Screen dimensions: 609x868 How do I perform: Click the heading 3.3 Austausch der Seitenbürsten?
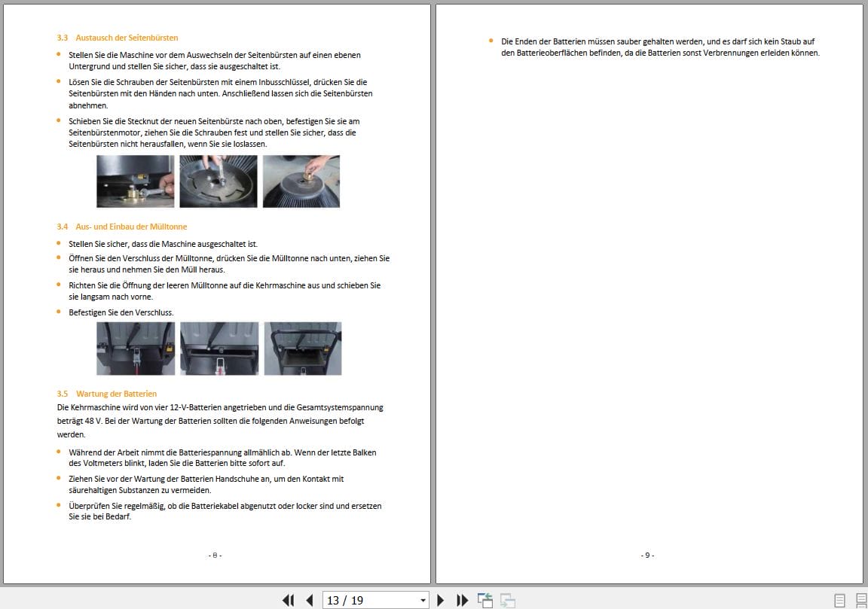point(117,38)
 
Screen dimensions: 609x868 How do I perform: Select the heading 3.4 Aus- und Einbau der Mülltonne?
point(121,227)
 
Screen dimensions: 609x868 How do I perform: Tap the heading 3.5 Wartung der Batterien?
point(106,394)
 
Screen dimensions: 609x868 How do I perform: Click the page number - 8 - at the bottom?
point(215,556)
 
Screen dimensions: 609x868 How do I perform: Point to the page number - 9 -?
point(647,556)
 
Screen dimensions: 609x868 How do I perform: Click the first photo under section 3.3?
point(135,181)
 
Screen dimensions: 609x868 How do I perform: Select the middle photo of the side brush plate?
point(218,181)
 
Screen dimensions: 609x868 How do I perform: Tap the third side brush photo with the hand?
point(301,181)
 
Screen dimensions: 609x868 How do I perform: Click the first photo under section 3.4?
point(136,349)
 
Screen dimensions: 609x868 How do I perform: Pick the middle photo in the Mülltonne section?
point(219,349)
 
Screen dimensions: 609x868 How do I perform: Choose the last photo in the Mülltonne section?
point(302,349)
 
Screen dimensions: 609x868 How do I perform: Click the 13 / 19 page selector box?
point(369,600)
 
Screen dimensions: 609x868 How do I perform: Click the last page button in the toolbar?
point(463,600)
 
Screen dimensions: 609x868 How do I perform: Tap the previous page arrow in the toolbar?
point(309,600)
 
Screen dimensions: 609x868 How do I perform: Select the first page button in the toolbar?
point(288,600)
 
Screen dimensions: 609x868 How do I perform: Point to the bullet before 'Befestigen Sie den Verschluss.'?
point(60,312)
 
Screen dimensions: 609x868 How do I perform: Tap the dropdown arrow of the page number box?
point(423,600)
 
